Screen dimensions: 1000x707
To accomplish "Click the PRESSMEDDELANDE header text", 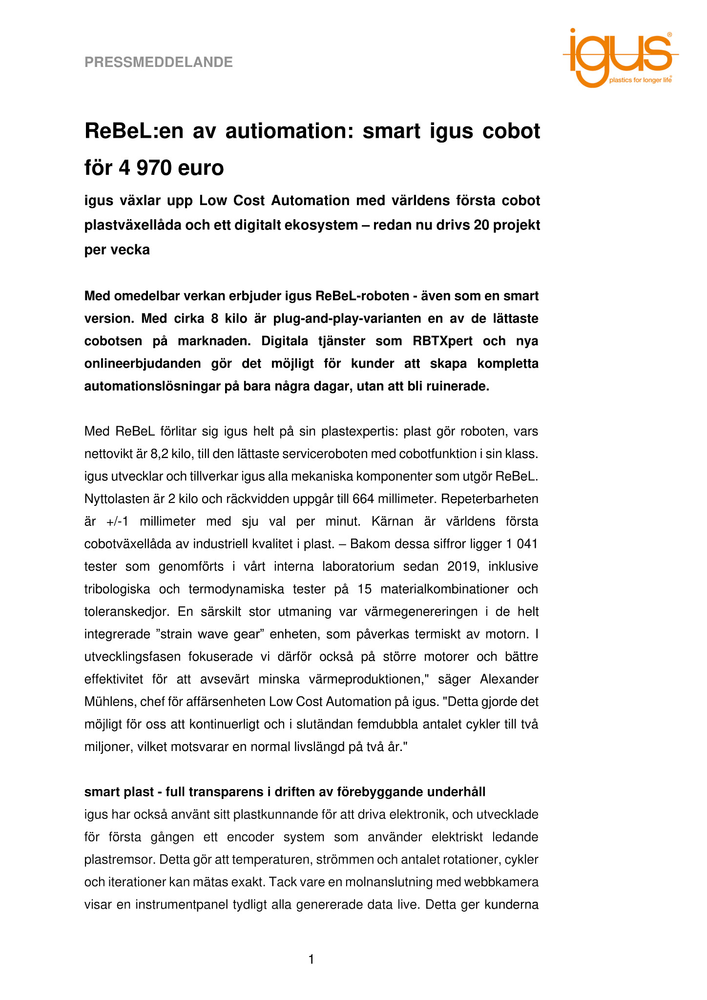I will [158, 62].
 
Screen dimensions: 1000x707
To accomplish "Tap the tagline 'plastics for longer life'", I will [640, 80].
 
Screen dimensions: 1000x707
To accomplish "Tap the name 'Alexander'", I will [509, 679].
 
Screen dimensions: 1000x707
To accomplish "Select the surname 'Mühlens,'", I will [111, 702].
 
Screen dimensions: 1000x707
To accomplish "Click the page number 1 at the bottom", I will [311, 960].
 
